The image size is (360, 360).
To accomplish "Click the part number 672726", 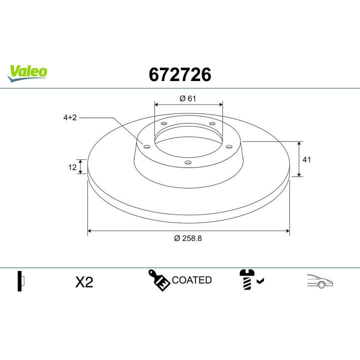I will pyautogui.click(x=180, y=74).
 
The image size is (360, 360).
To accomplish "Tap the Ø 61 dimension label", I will pyautogui.click(x=187, y=98).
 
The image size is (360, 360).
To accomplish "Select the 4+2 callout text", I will pyautogui.click(x=70, y=117).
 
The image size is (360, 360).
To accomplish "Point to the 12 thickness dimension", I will pyautogui.click(x=72, y=167).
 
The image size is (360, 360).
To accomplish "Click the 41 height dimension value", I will pyautogui.click(x=307, y=159).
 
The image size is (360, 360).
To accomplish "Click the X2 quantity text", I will pyautogui.click(x=84, y=282).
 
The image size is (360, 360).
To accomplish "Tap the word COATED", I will pyautogui.click(x=191, y=280).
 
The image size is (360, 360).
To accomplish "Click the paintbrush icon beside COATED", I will pyautogui.click(x=158, y=280).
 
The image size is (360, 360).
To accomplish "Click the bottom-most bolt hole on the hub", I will pyautogui.click(x=188, y=162).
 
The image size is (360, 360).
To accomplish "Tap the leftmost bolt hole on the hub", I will pyautogui.click(x=146, y=146).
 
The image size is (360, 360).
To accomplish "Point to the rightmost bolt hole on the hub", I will pyautogui.click(x=229, y=146).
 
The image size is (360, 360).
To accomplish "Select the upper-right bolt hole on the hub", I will pyautogui.click(x=212, y=123).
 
